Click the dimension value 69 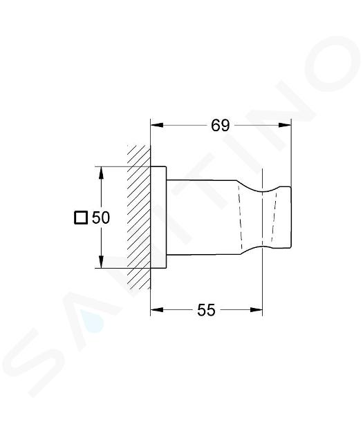click(221, 126)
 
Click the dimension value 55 click(206, 310)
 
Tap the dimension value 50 click(101, 217)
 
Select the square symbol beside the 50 click(81, 217)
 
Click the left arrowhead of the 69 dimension click(157, 126)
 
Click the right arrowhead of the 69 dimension click(285, 126)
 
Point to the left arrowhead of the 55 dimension click(157, 310)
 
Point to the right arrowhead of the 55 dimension click(256, 310)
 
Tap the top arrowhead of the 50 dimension click(102, 173)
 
